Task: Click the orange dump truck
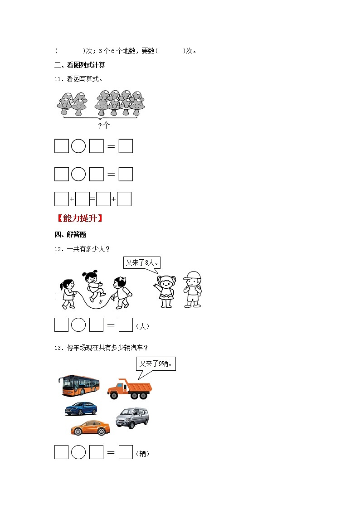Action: pyautogui.click(x=130, y=389)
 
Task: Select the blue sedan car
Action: pyautogui.click(x=81, y=408)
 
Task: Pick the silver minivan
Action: pyautogui.click(x=132, y=417)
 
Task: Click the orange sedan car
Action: pyautogui.click(x=90, y=427)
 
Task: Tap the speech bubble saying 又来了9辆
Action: pyautogui.click(x=156, y=364)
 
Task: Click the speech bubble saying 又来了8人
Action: pyautogui.click(x=143, y=263)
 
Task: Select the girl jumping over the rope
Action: pyautogui.click(x=94, y=286)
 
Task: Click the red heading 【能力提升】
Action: pyautogui.click(x=79, y=218)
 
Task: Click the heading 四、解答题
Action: pyautogui.click(x=70, y=234)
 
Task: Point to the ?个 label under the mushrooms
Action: pyautogui.click(x=104, y=126)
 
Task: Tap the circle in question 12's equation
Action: pyautogui.click(x=79, y=325)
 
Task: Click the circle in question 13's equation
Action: pyautogui.click(x=79, y=452)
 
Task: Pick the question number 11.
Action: pyautogui.click(x=58, y=79)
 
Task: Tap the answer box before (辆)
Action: pyautogui.click(x=126, y=452)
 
